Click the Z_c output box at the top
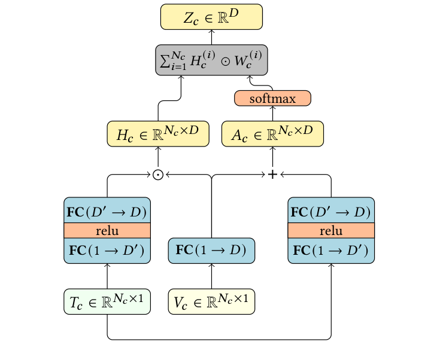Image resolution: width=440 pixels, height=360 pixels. click(x=211, y=16)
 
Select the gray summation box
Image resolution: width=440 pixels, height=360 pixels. click(x=211, y=60)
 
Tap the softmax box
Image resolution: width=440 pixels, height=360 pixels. click(x=272, y=98)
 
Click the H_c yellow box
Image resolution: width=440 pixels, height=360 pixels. click(x=158, y=134)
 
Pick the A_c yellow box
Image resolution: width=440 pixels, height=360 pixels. click(x=272, y=134)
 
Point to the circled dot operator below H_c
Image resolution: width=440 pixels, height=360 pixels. click(x=158, y=174)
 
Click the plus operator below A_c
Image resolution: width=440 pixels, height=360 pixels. click(x=272, y=174)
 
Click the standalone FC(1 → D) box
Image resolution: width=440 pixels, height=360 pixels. click(x=211, y=250)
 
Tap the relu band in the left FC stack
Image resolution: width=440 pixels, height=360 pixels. click(x=107, y=231)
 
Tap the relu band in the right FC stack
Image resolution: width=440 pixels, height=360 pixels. click(x=331, y=231)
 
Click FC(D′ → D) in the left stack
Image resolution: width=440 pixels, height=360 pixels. click(x=107, y=212)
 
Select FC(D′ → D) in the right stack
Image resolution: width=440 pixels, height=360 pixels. click(x=331, y=212)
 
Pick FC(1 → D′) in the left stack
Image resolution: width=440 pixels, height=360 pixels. click(x=107, y=250)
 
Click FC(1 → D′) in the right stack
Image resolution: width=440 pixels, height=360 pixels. click(x=331, y=250)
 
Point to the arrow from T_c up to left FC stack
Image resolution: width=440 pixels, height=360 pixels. click(x=107, y=276)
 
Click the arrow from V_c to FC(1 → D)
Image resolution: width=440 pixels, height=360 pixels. click(x=211, y=276)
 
